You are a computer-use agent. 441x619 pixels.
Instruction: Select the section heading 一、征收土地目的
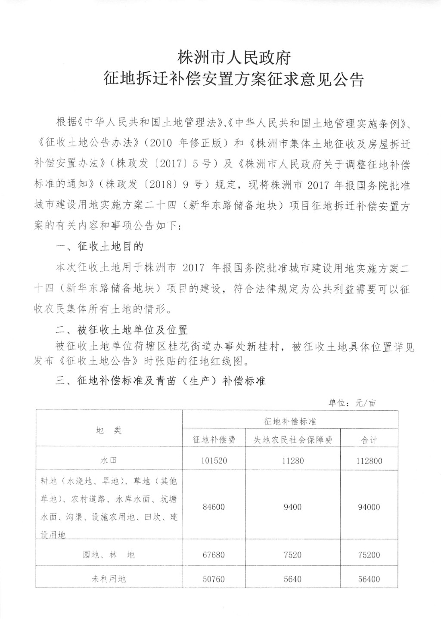pos(100,246)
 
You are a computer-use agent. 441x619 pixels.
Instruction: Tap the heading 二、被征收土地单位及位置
pos(122,330)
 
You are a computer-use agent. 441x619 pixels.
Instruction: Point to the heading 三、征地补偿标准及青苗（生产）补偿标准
pos(161,381)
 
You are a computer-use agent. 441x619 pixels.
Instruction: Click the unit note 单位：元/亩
pos(352,403)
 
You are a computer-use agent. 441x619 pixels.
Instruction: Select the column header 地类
pos(109,430)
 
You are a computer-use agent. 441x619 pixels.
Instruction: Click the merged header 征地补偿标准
pos(290,421)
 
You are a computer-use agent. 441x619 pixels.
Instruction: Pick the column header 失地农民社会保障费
pos(293,440)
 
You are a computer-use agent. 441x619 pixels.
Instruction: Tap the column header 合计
pos(369,440)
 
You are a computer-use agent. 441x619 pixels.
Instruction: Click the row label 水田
pos(109,461)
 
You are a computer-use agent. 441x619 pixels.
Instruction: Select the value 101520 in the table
pos(214,461)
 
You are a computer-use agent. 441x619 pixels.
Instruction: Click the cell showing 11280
pos(293,461)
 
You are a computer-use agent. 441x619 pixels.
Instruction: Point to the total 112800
pos(369,461)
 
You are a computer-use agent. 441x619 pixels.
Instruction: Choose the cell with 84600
pos(214,507)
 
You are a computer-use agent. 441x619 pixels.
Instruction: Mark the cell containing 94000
pos(369,507)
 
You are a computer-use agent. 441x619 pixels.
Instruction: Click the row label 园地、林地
pos(109,555)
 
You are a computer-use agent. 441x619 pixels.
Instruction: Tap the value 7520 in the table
pos(293,555)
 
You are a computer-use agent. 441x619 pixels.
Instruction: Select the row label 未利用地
pos(109,579)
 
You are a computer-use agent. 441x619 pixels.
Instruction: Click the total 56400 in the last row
pos(369,579)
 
